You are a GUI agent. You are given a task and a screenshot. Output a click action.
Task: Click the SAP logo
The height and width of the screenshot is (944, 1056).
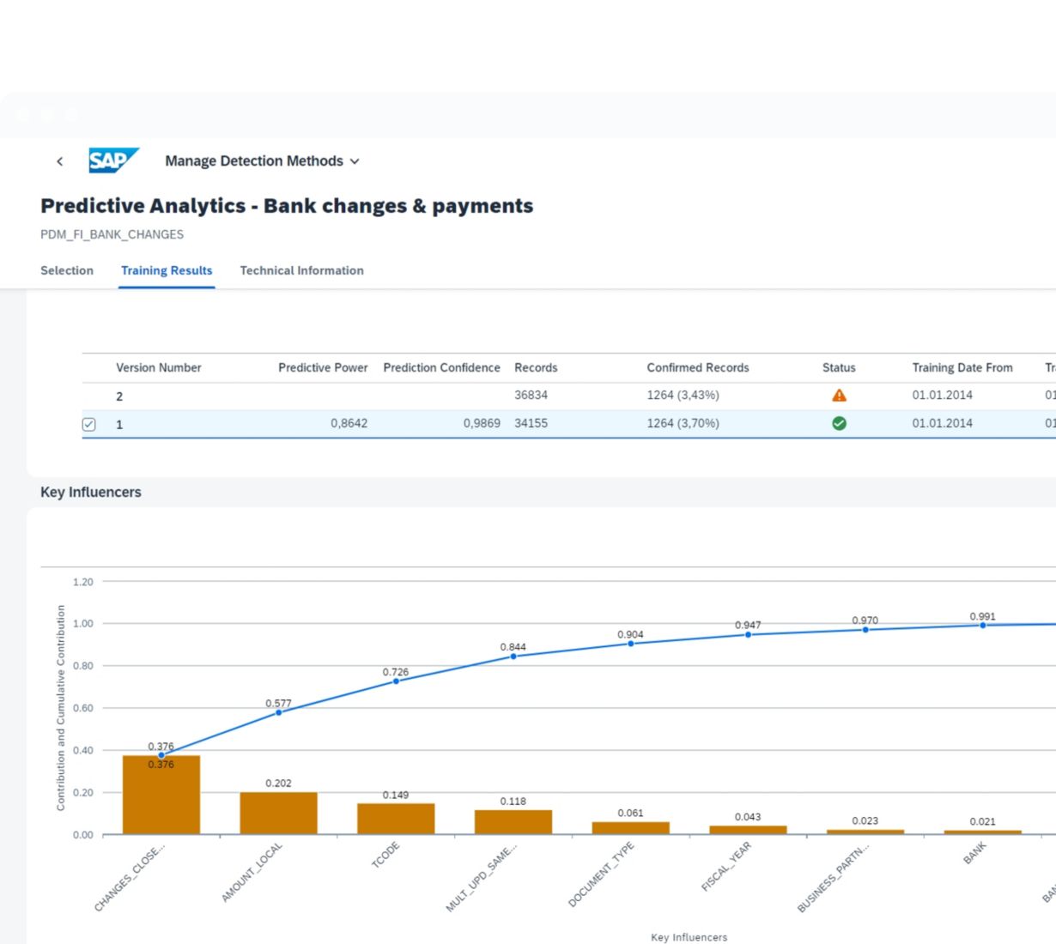coord(112,160)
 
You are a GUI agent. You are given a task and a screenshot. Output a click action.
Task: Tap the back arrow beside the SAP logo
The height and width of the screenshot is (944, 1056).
coord(59,161)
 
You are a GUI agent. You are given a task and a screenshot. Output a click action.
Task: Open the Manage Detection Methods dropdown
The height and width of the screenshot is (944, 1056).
coord(262,161)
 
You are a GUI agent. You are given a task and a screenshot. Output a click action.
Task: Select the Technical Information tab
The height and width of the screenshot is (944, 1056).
coord(301,270)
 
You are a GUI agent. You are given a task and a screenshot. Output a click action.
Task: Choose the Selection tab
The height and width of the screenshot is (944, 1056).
coord(67,270)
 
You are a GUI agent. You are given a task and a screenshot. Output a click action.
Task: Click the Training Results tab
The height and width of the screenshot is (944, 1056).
coord(167,270)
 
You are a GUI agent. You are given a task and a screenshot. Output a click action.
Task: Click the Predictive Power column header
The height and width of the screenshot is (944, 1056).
coord(323,367)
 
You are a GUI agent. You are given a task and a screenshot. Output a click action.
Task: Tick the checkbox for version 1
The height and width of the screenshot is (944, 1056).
coord(89,424)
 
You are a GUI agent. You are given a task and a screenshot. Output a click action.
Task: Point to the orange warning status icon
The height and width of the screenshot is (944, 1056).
coord(839,396)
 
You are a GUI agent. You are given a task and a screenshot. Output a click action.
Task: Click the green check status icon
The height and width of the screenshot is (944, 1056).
coord(839,423)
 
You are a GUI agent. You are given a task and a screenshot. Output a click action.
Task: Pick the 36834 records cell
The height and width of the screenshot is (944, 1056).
coord(531,395)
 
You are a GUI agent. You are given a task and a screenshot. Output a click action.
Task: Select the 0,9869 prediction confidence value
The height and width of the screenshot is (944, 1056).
coord(482,423)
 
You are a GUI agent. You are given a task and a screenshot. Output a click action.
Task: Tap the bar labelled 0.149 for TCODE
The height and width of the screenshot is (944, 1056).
coord(396,819)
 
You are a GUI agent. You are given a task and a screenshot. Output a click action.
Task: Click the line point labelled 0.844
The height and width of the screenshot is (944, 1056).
coord(513,657)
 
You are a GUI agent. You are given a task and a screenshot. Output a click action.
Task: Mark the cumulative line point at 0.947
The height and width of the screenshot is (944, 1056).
coord(748,635)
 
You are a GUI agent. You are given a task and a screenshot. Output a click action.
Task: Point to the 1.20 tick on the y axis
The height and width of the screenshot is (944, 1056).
coord(83,582)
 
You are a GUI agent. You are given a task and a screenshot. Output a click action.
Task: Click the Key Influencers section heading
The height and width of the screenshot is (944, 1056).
coord(91,492)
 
